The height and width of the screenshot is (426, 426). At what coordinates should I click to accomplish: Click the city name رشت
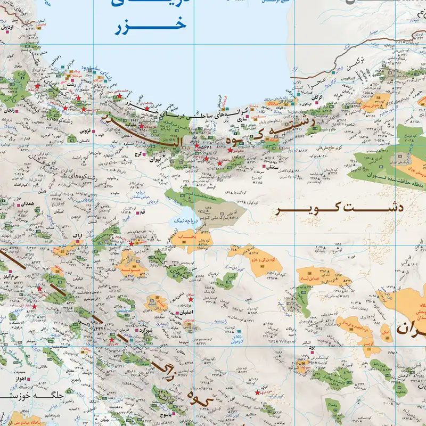(x=71, y=85)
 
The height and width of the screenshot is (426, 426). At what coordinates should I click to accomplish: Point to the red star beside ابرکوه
(x=258, y=392)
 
